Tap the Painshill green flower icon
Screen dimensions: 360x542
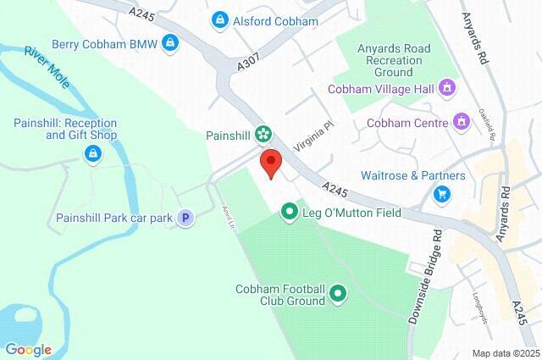point(263,133)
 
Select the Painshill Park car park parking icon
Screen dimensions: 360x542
point(186,218)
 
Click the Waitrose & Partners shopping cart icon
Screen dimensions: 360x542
point(441,194)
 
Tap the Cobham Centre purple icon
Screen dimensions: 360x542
point(462,122)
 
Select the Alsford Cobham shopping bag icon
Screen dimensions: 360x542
point(220,20)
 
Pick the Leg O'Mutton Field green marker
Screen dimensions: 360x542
point(289,212)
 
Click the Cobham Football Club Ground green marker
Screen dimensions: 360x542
point(339,294)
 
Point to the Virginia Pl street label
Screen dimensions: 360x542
point(313,136)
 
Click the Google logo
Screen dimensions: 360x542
point(28,349)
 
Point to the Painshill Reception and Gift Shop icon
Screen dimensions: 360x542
point(91,154)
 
